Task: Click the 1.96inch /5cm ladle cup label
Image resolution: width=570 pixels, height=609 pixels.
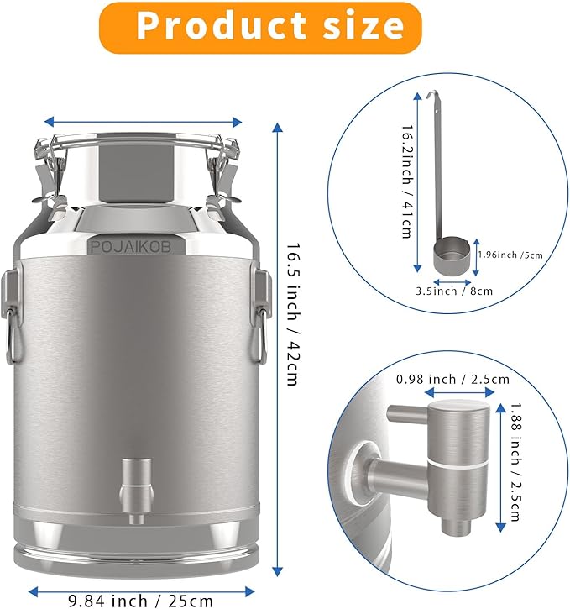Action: coord(510,255)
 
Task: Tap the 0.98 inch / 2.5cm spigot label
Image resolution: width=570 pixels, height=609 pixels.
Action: coord(452,379)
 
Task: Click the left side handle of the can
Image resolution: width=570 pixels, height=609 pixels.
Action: coord(12,315)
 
